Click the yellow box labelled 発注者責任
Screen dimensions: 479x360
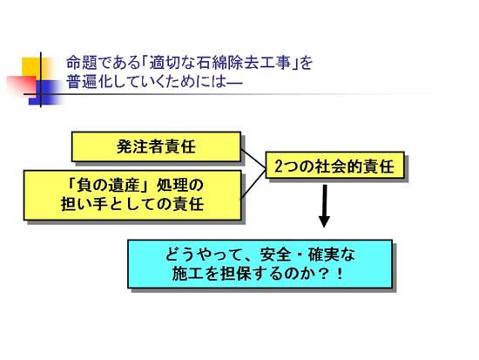(156, 146)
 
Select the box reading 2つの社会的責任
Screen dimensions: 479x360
(334, 165)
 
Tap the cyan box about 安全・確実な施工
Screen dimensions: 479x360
(260, 263)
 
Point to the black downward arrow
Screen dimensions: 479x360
(324, 206)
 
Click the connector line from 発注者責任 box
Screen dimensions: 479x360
(253, 158)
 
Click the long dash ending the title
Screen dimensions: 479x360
(234, 82)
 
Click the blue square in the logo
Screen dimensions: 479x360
(46, 92)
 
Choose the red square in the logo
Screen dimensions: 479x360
(22, 85)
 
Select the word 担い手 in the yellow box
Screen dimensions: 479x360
(84, 204)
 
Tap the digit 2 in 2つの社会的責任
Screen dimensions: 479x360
(278, 166)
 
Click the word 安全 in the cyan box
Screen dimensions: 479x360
(275, 255)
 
